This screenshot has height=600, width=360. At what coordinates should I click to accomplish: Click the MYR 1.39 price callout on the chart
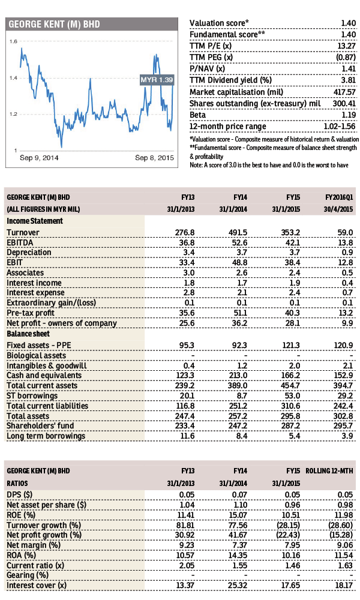[x=157, y=80]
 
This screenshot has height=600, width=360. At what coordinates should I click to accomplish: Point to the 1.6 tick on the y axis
[x=13, y=41]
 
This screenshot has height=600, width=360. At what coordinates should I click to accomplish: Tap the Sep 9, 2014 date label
[x=39, y=158]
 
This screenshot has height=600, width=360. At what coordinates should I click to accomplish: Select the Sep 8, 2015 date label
[x=154, y=158]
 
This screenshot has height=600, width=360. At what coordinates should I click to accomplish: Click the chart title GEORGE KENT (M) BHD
[x=55, y=25]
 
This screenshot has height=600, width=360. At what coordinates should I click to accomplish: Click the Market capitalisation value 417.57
[x=344, y=92]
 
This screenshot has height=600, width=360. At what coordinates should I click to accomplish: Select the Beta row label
[x=197, y=115]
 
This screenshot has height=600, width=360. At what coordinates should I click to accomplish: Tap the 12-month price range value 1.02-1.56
[x=337, y=127]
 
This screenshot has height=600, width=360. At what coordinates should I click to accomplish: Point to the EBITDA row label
[x=20, y=243]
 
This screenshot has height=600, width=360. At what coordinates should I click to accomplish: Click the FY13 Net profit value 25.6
[x=187, y=323]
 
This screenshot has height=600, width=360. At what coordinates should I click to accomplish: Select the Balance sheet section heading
[x=28, y=334]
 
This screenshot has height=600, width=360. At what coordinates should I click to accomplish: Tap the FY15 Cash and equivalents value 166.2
[x=290, y=376]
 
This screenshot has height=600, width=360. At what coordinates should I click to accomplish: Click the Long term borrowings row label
[x=46, y=436]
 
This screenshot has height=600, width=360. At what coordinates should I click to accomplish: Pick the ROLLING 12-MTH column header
[x=329, y=471]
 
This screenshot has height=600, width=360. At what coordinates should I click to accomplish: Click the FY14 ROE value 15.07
[x=238, y=515]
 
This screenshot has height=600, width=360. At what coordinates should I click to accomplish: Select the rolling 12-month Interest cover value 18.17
[x=343, y=586]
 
